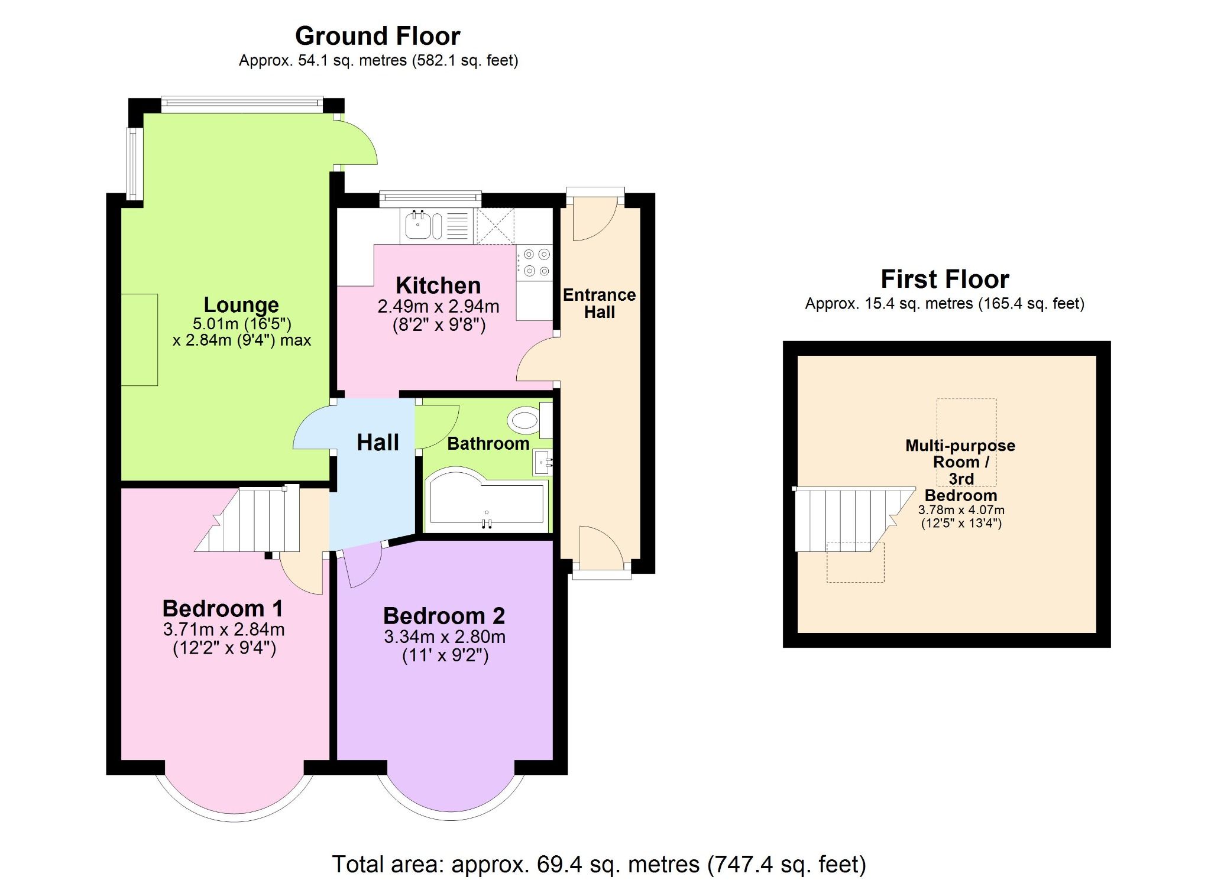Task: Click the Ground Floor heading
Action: point(377,37)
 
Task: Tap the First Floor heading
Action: point(944,280)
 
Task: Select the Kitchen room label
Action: point(438,285)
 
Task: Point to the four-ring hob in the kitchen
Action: point(536,263)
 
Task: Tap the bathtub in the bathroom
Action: point(486,499)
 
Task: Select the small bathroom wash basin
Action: point(543,462)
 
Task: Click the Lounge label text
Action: point(241,305)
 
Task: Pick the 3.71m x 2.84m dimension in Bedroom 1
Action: point(224,629)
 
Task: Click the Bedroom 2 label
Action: point(443,616)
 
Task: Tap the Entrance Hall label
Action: point(599,303)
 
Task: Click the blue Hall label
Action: point(377,443)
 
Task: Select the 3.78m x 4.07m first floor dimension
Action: point(961,510)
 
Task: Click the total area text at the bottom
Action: point(598,864)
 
